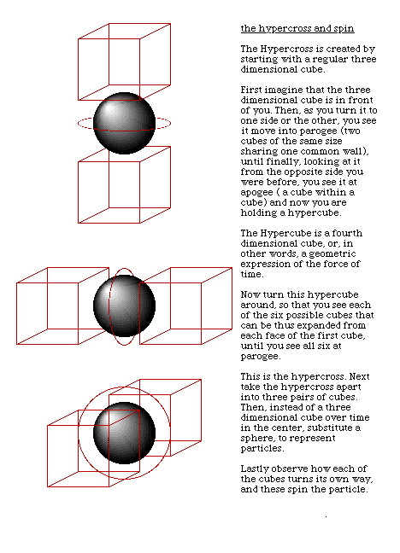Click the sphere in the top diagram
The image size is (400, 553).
pos(124,124)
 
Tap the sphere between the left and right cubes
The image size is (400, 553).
pos(124,306)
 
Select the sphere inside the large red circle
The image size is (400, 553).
pos(124,433)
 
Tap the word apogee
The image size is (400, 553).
pos(257,193)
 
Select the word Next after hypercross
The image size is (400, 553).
pos(359,376)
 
